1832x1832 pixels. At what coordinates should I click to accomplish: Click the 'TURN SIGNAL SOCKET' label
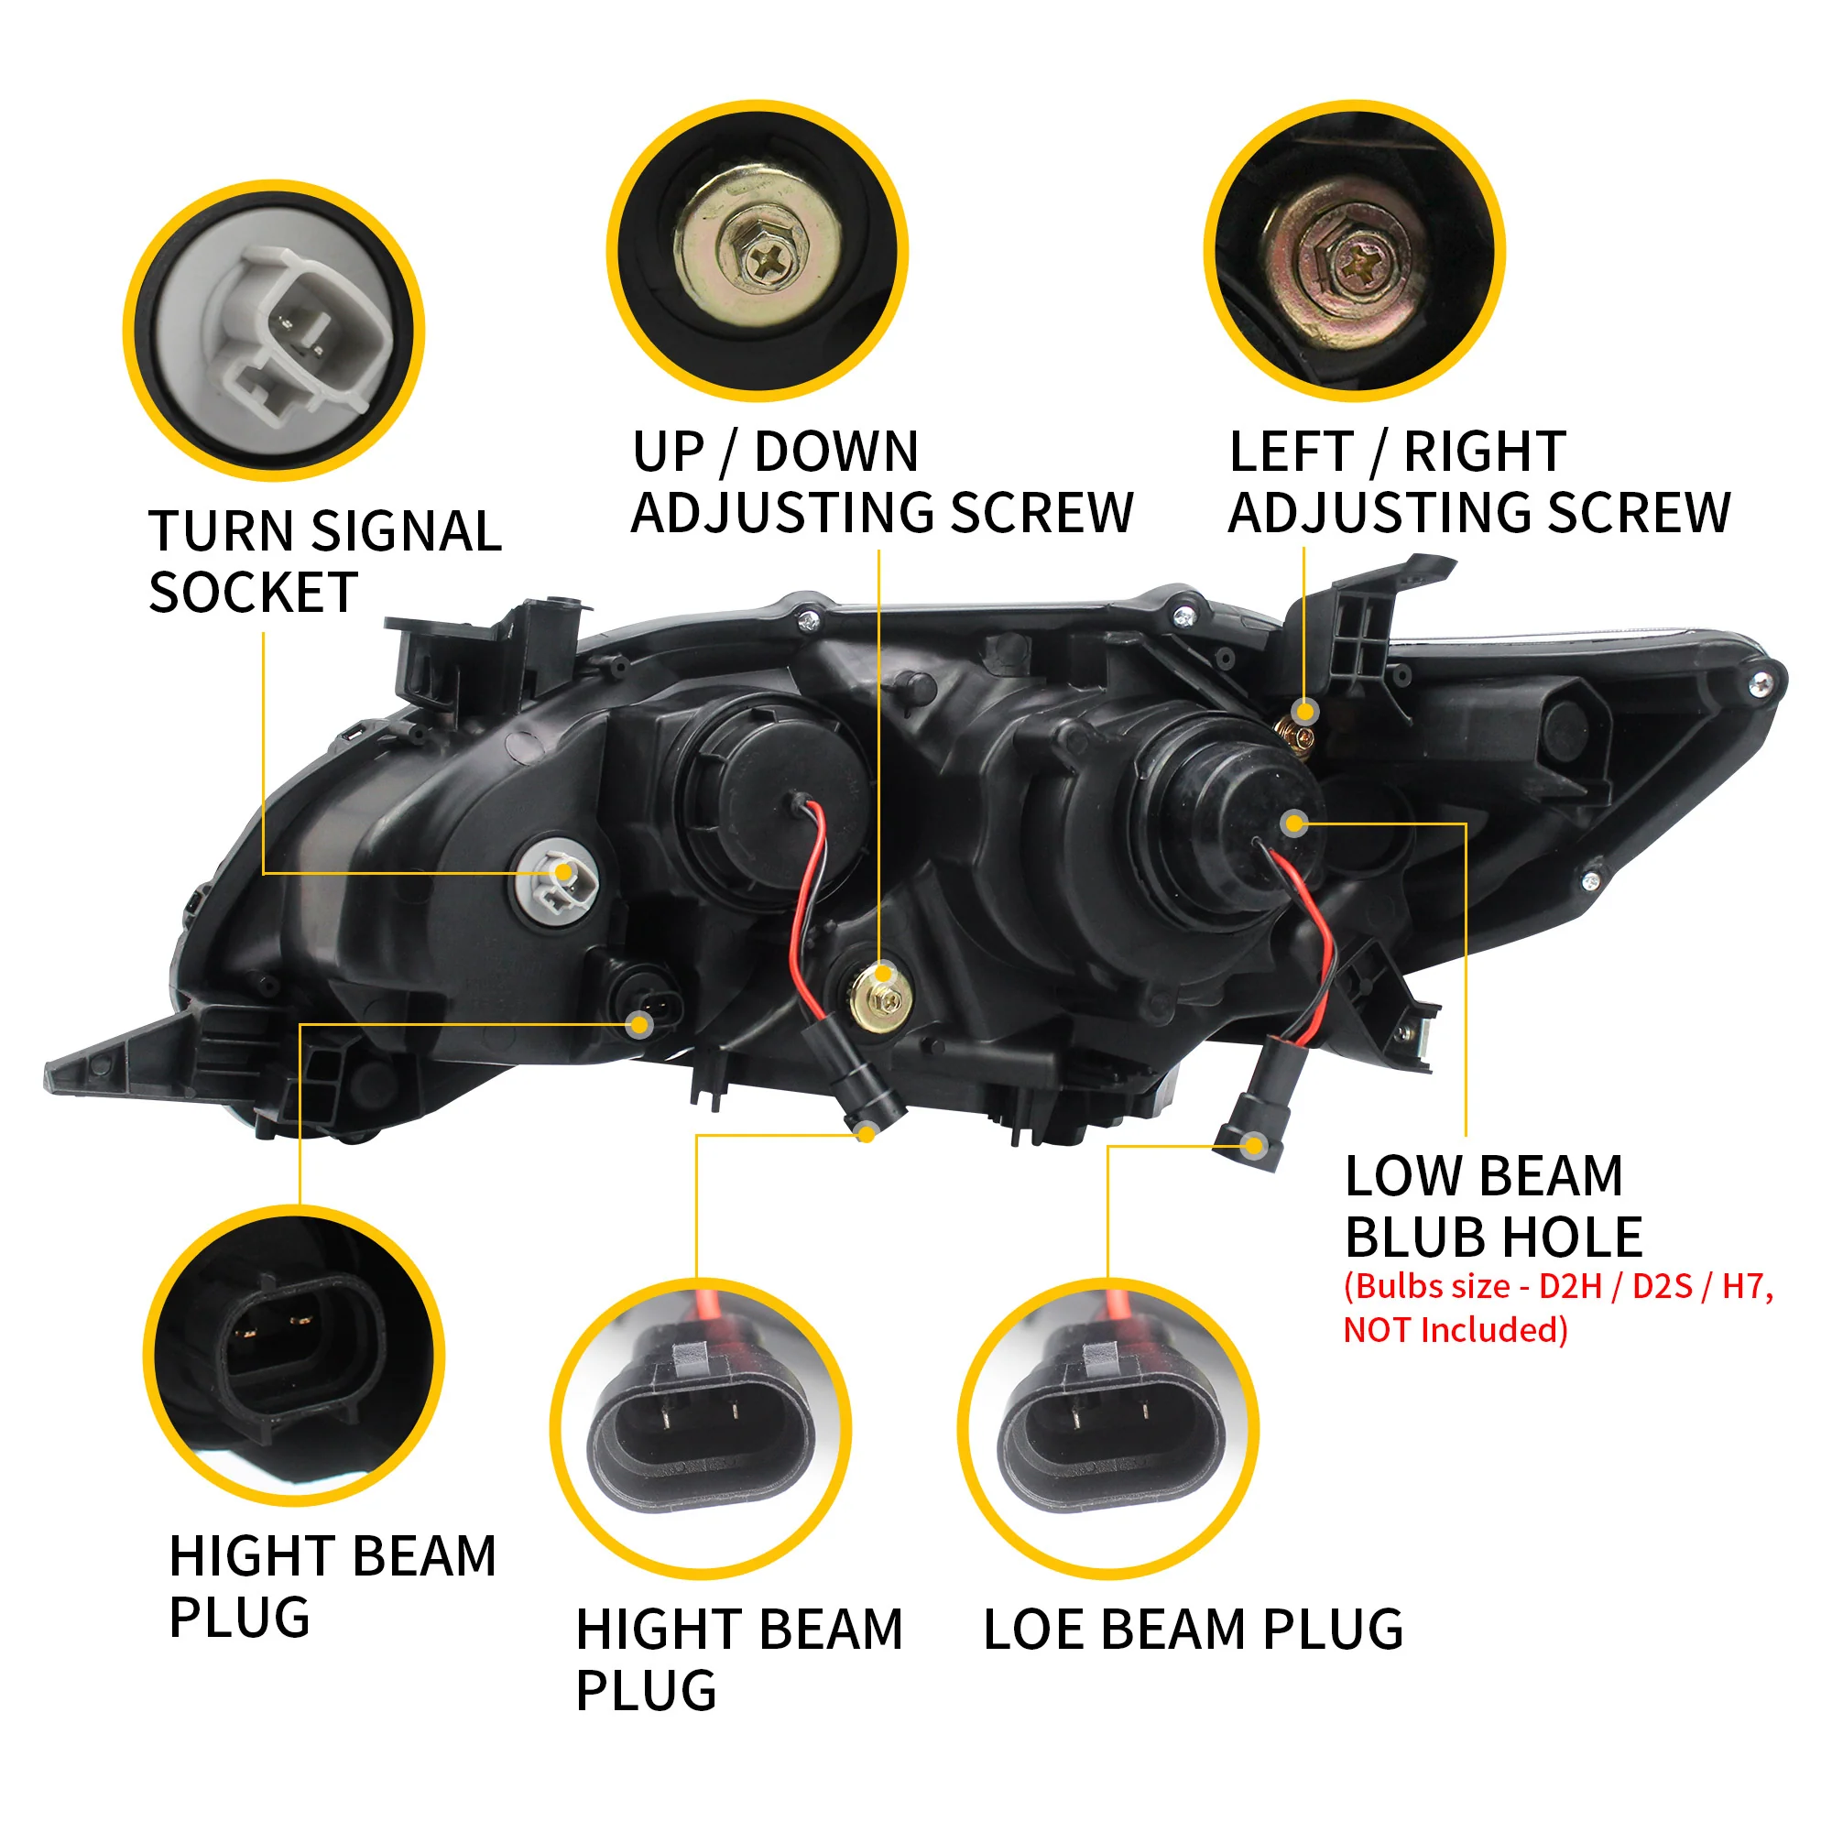324,562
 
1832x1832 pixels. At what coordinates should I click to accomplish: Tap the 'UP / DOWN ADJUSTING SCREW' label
882,482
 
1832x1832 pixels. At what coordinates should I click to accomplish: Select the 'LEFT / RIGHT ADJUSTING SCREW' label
1479,482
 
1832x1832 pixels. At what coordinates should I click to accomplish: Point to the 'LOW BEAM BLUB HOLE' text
1492,1206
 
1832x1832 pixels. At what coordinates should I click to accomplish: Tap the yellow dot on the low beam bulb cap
1293,823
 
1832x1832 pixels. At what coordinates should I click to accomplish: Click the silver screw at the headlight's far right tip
1761,682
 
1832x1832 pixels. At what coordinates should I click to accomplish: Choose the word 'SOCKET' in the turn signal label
253,593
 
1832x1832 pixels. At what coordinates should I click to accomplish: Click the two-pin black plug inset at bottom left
293,1356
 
